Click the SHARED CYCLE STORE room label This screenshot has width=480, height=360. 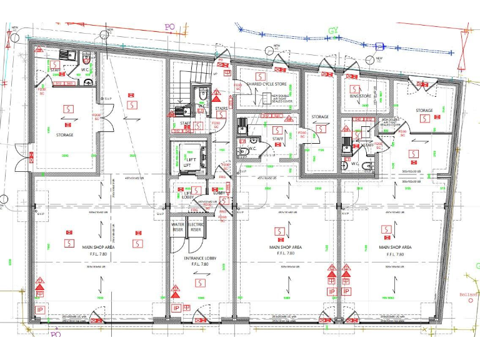click(266, 84)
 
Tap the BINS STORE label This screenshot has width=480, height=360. click(361, 96)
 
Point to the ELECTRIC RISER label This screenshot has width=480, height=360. click(196, 227)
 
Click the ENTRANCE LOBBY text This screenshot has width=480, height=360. click(200, 258)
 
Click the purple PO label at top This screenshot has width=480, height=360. click(169, 27)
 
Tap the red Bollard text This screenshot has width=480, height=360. click(469, 294)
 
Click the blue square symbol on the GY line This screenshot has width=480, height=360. click(379, 46)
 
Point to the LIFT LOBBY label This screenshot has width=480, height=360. click(187, 195)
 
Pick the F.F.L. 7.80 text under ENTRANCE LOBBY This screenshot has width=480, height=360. click(200, 264)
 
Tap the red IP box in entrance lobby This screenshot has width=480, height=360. click(176, 308)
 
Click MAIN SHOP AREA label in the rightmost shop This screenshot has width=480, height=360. click(394, 247)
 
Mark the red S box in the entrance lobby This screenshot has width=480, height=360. click(199, 283)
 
